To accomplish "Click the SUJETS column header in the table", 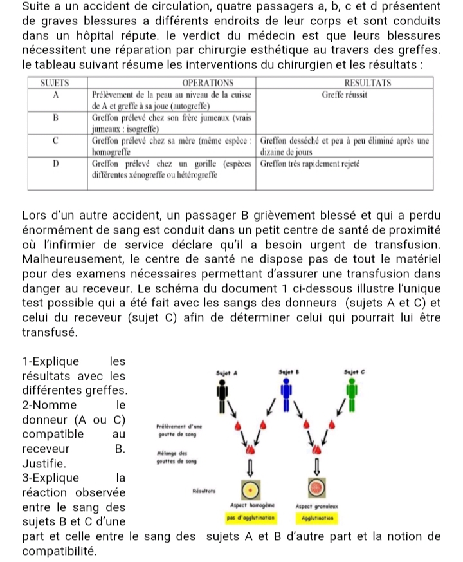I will [56, 83].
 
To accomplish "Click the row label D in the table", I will [56, 164].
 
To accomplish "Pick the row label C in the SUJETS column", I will [56, 140].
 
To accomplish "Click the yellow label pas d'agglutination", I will [251, 516].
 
